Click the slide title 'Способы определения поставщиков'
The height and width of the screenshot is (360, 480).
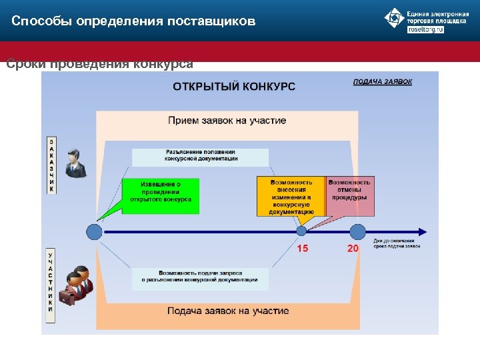(x=133, y=21)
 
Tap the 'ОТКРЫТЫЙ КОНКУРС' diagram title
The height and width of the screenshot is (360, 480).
(x=234, y=86)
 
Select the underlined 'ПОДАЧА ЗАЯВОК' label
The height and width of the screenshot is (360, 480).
(x=383, y=82)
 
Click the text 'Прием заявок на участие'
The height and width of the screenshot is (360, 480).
(x=227, y=121)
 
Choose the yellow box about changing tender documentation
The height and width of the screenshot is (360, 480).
(x=291, y=196)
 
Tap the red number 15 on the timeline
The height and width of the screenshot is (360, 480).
(x=303, y=249)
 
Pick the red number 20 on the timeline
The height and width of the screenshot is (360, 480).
(x=353, y=249)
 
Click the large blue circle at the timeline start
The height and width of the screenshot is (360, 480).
(x=95, y=232)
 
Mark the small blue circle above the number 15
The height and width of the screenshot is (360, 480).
(x=301, y=231)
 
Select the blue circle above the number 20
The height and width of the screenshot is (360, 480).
(x=358, y=231)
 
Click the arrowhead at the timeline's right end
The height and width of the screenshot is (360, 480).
(x=423, y=232)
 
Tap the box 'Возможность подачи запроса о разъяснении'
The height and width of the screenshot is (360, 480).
(x=200, y=277)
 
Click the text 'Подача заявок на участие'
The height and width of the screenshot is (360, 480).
(x=228, y=311)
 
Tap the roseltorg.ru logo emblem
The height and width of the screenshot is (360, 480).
(x=394, y=18)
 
